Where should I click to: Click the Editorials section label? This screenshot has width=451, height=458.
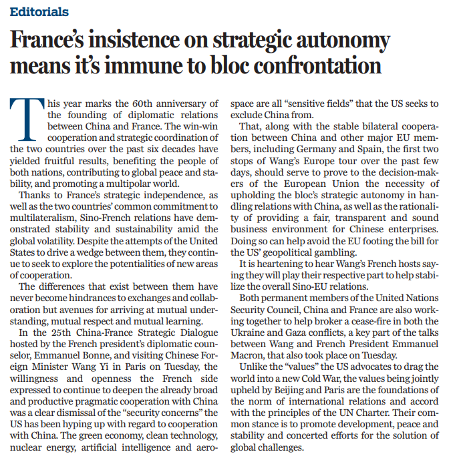point(39,12)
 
